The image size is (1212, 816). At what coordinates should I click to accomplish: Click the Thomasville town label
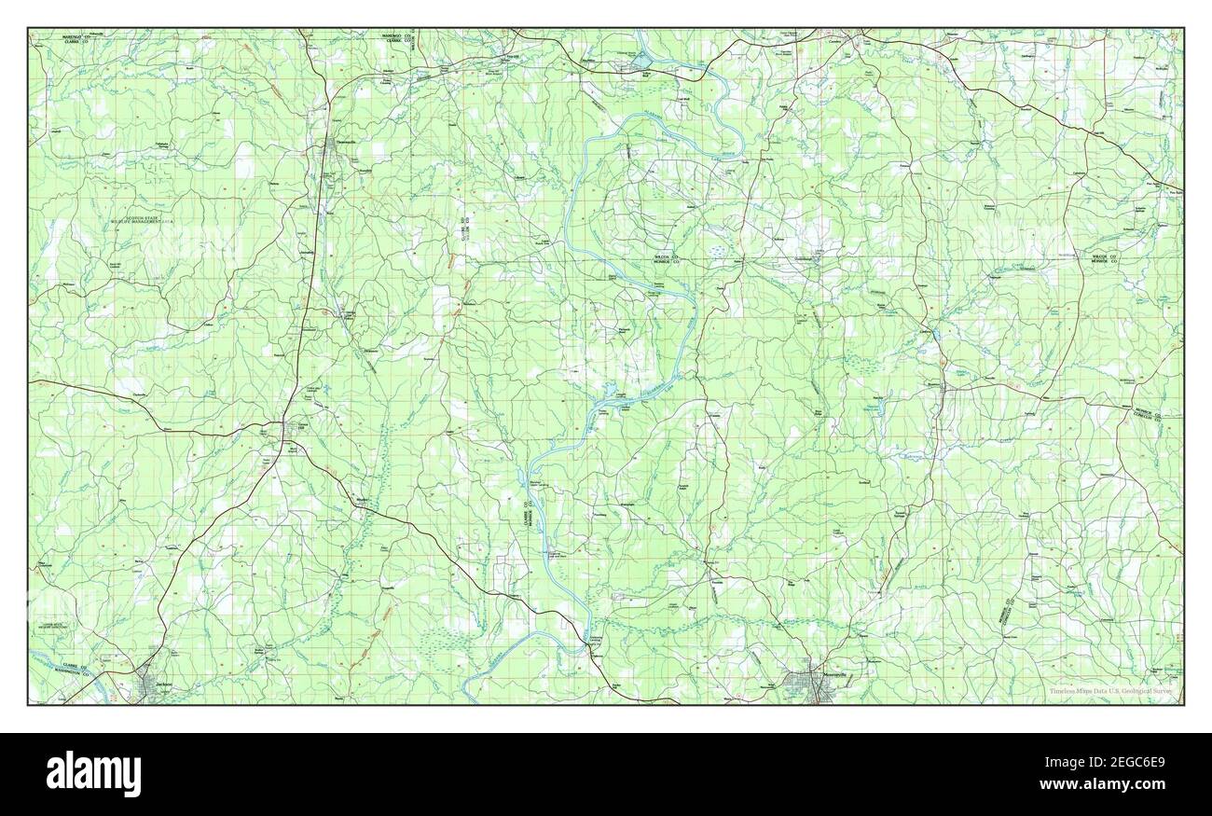[347, 143]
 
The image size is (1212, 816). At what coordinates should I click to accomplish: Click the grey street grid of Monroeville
[807, 690]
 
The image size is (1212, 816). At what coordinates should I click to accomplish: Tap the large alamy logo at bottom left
[93, 772]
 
